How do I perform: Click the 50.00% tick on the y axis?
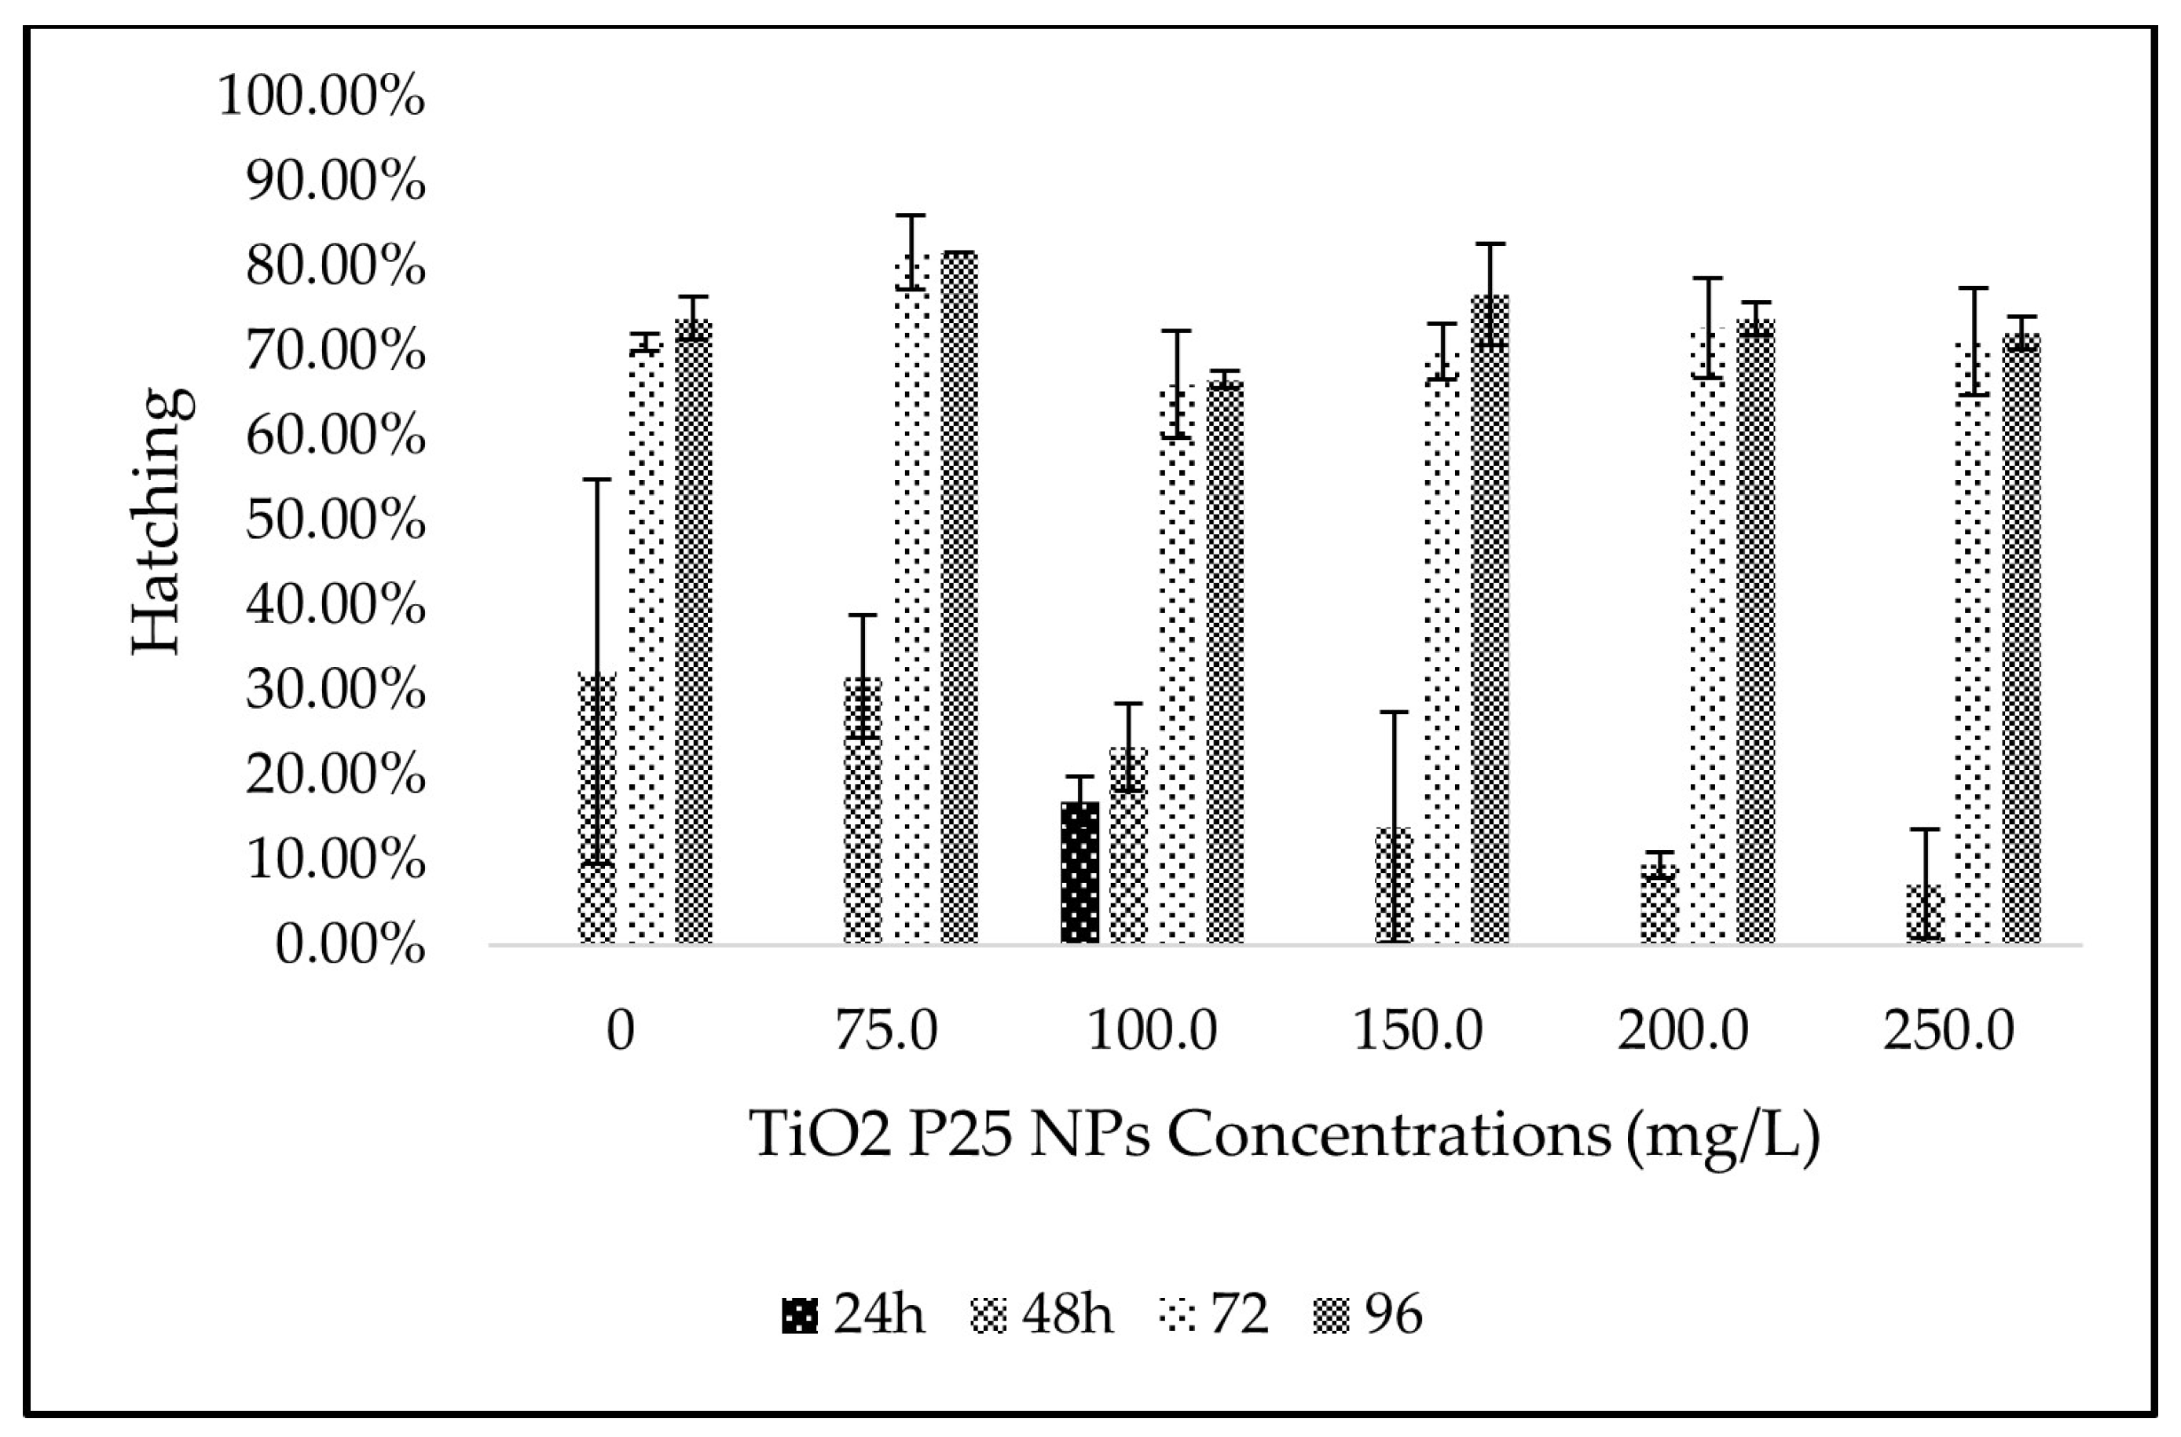click(x=335, y=522)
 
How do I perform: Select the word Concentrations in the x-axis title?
click(x=1388, y=1135)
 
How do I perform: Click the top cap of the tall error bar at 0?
click(x=597, y=480)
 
